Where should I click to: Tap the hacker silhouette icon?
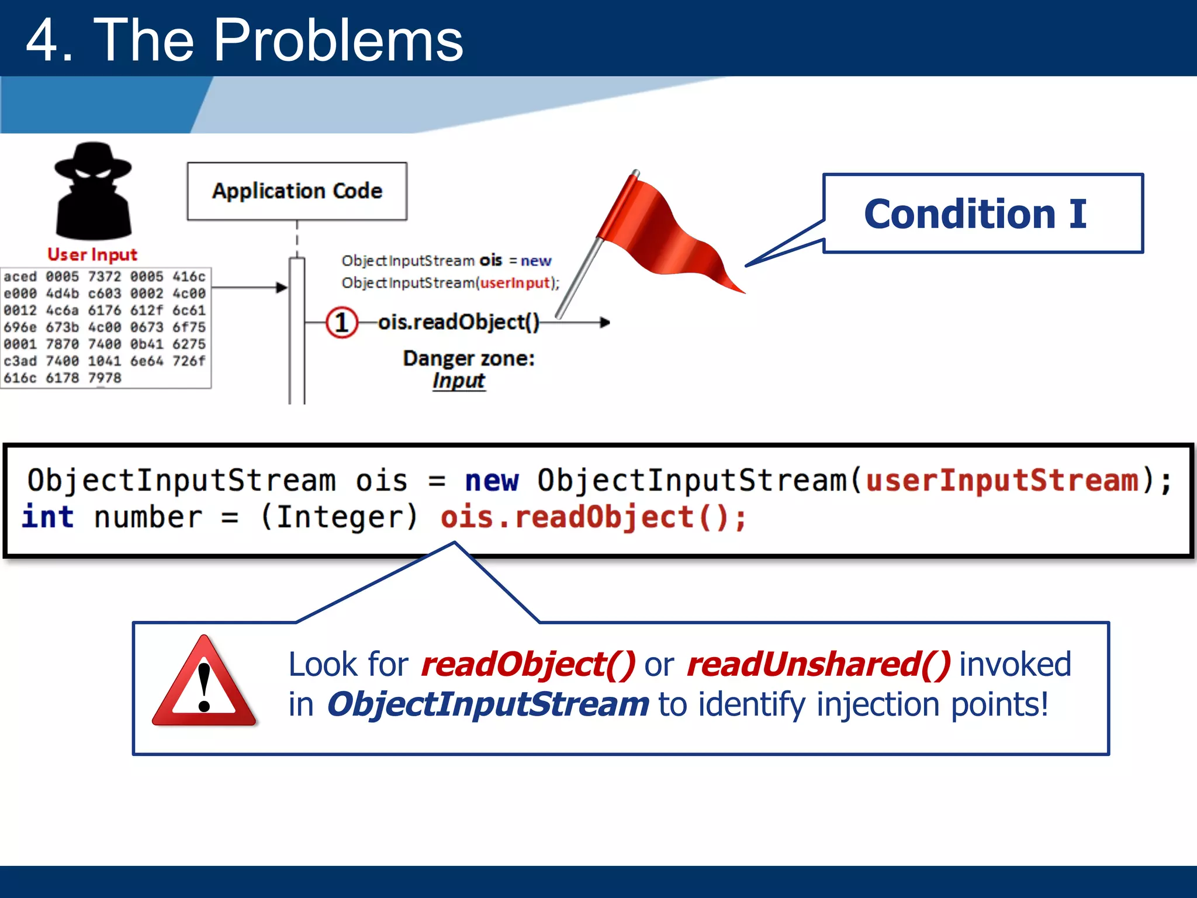coord(93,192)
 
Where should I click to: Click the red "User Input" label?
coord(92,254)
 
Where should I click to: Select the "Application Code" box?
coord(297,191)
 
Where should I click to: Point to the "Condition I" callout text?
coord(975,214)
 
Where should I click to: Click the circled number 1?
coord(341,322)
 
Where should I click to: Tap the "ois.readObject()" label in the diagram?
coord(459,322)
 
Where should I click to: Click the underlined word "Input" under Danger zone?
coord(459,381)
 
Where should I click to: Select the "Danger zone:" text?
coord(469,358)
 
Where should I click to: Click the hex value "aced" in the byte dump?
coord(20,277)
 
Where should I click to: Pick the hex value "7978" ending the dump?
coord(105,378)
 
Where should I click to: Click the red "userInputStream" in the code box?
coord(1002,481)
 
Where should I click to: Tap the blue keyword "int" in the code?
coord(47,517)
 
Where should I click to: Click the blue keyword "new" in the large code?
coord(491,481)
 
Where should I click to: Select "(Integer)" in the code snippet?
coord(339,517)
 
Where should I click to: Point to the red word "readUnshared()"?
coord(818,665)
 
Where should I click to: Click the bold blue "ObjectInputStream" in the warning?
coord(487,704)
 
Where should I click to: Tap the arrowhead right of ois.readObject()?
coord(605,322)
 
